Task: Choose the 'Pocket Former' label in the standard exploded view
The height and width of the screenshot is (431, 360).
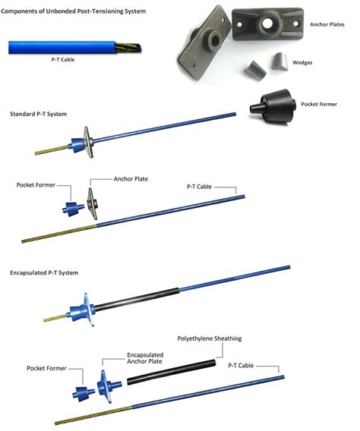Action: click(x=36, y=184)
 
